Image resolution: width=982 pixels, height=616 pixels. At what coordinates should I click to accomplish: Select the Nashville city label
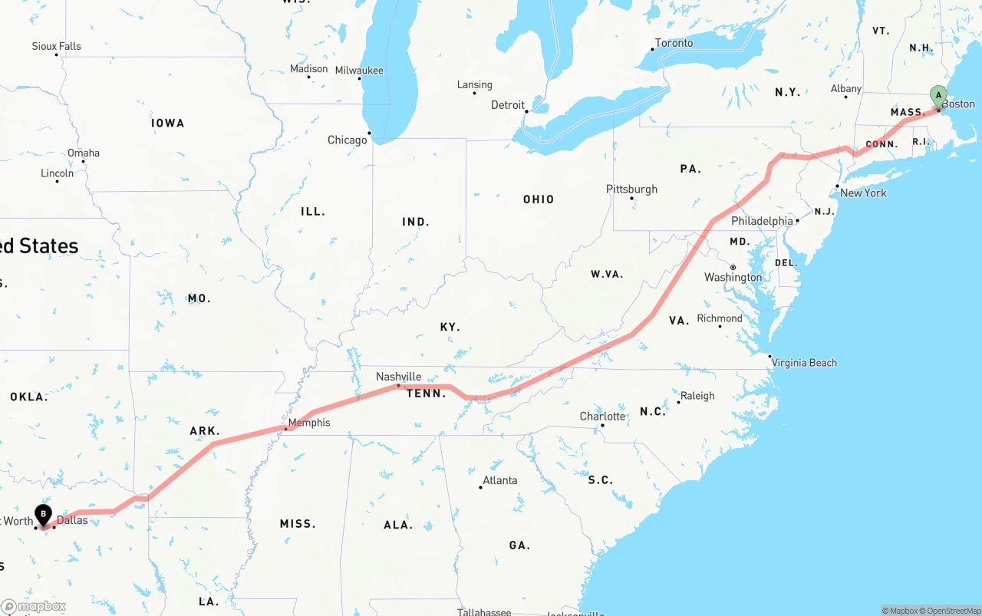click(x=398, y=377)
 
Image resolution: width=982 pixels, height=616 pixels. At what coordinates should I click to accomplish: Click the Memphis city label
click(x=309, y=423)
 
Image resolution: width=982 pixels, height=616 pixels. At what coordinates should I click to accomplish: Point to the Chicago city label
click(x=347, y=140)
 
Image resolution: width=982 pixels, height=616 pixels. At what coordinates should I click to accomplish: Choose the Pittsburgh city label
click(x=631, y=189)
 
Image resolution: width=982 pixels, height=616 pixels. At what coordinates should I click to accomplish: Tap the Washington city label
click(x=733, y=278)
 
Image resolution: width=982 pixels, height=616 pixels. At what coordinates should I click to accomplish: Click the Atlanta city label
click(x=499, y=481)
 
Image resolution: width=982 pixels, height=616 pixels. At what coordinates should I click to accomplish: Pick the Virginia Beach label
click(x=804, y=363)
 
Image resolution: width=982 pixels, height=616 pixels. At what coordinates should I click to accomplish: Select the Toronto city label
click(x=674, y=43)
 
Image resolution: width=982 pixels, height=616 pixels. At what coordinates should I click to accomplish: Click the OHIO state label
click(x=539, y=199)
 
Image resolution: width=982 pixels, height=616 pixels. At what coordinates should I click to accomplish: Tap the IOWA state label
click(x=167, y=123)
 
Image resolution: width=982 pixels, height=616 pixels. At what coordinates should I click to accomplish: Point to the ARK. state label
click(x=205, y=431)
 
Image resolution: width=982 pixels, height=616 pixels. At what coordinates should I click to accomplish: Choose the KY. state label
click(x=450, y=327)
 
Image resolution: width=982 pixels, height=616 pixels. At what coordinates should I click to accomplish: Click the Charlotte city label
click(x=602, y=417)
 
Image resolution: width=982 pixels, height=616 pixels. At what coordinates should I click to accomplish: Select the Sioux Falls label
click(x=56, y=47)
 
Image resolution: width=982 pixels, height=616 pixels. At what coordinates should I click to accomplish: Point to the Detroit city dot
click(x=527, y=111)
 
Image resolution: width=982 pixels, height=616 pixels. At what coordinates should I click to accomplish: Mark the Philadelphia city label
click(x=762, y=221)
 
